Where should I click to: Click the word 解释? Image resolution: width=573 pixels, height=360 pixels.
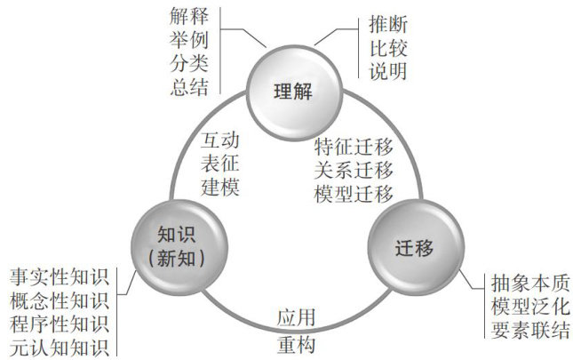189,16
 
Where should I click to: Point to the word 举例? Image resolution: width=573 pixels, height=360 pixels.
189,40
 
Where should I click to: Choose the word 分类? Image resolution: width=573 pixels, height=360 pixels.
189,64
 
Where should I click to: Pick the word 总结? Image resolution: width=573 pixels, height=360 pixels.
189,88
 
